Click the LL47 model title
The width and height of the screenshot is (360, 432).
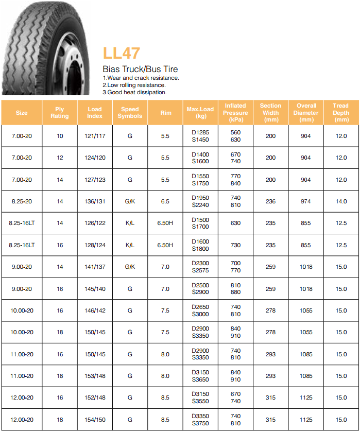pyautogui.click(x=122, y=53)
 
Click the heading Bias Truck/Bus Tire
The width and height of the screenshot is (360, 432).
pyautogui.click(x=140, y=70)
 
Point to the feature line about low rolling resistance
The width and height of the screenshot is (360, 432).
pyautogui.click(x=134, y=85)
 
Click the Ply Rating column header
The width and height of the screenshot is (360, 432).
pyautogui.click(x=60, y=113)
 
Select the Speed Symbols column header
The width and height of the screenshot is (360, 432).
pyautogui.click(x=130, y=113)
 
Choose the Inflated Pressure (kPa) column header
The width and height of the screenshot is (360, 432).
pyautogui.click(x=235, y=113)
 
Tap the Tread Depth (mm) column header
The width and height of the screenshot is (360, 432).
pyautogui.click(x=341, y=113)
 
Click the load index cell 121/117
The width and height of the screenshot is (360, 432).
pyautogui.click(x=95, y=136)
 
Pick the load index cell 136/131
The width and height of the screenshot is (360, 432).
pyautogui.click(x=95, y=201)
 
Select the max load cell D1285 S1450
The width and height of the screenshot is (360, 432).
pyautogui.click(x=200, y=136)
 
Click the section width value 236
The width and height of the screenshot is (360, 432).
pyautogui.click(x=270, y=201)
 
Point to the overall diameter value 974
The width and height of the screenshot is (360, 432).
pyautogui.click(x=306, y=201)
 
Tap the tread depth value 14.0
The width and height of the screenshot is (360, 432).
pyautogui.click(x=341, y=201)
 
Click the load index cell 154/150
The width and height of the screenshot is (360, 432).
pyautogui.click(x=95, y=420)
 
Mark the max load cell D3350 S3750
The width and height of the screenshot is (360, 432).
pyautogui.click(x=200, y=420)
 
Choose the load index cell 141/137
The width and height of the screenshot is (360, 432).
pyautogui.click(x=95, y=267)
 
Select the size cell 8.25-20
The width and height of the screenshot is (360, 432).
pyautogui.click(x=22, y=201)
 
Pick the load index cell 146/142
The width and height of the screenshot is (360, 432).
pyautogui.click(x=95, y=310)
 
